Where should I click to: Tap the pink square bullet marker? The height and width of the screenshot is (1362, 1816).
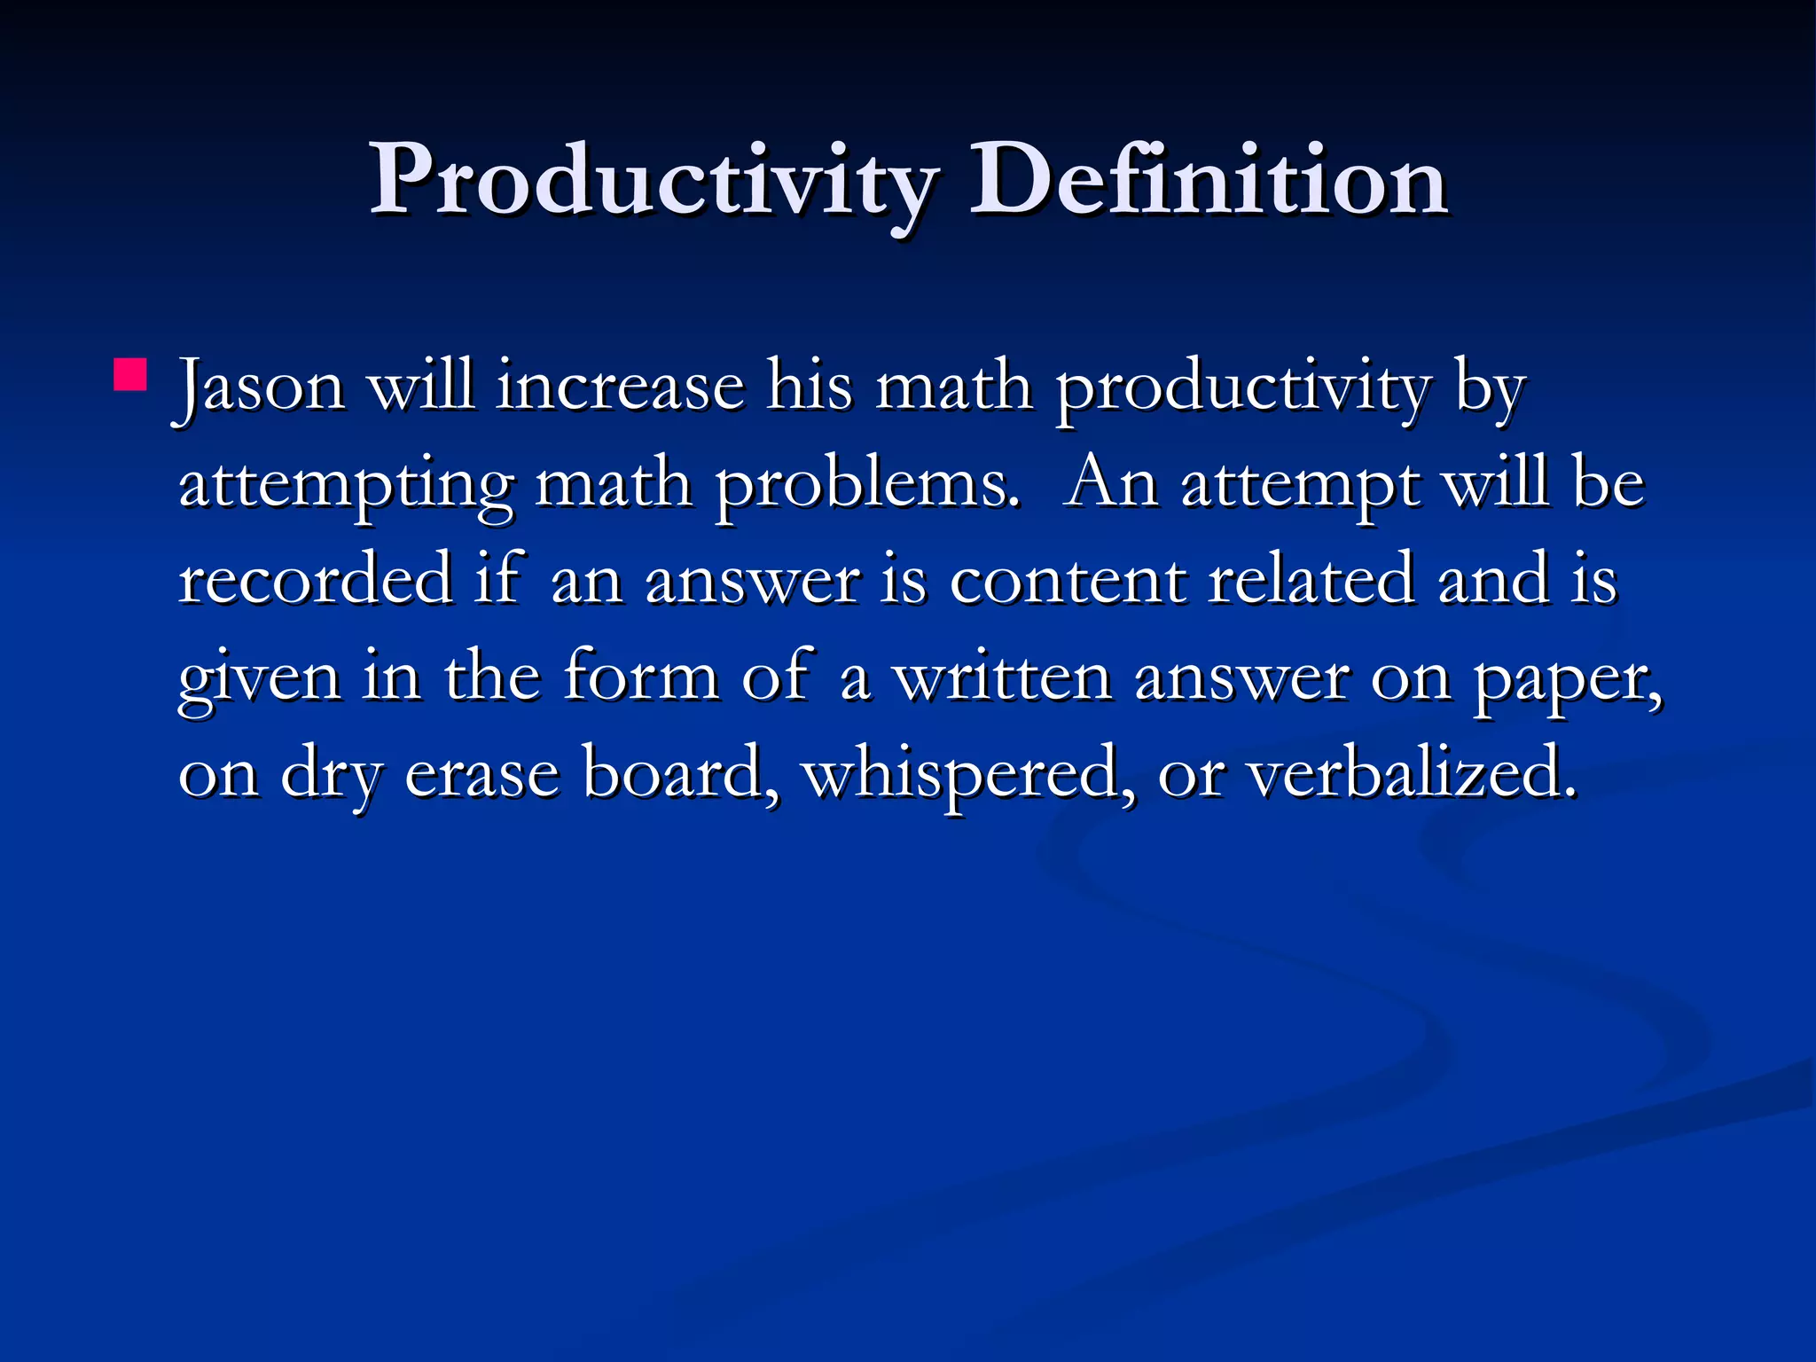(x=130, y=374)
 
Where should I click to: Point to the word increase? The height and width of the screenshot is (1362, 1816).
(x=620, y=387)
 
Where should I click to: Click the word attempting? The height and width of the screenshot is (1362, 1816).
(x=346, y=487)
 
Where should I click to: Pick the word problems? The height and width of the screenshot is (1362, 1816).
(x=868, y=487)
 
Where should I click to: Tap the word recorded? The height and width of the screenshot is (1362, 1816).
(x=315, y=580)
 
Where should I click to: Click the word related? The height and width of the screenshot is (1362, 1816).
(x=1311, y=580)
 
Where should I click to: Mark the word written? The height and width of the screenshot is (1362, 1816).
(x=1002, y=677)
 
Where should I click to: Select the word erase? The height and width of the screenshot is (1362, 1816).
(x=482, y=774)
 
